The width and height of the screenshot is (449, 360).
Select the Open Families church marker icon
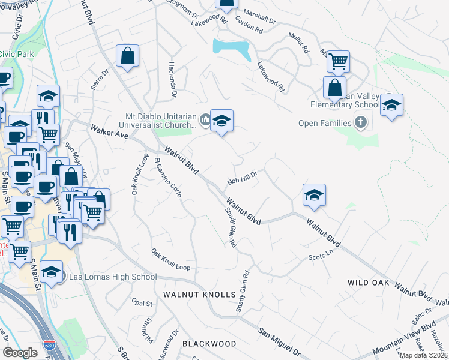click(360, 123)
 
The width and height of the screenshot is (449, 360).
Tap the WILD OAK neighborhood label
click(369, 282)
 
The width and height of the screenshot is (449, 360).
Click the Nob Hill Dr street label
click(242, 178)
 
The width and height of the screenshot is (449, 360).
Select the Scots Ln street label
click(320, 255)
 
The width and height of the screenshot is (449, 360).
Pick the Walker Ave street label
click(110, 131)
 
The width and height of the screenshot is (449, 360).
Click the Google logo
click(20, 353)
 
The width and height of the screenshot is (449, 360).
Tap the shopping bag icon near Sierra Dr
click(128, 57)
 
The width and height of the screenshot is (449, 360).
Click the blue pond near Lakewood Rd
click(232, 47)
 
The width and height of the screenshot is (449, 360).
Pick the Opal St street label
click(143, 304)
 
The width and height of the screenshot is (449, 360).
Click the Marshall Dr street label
click(259, 17)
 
